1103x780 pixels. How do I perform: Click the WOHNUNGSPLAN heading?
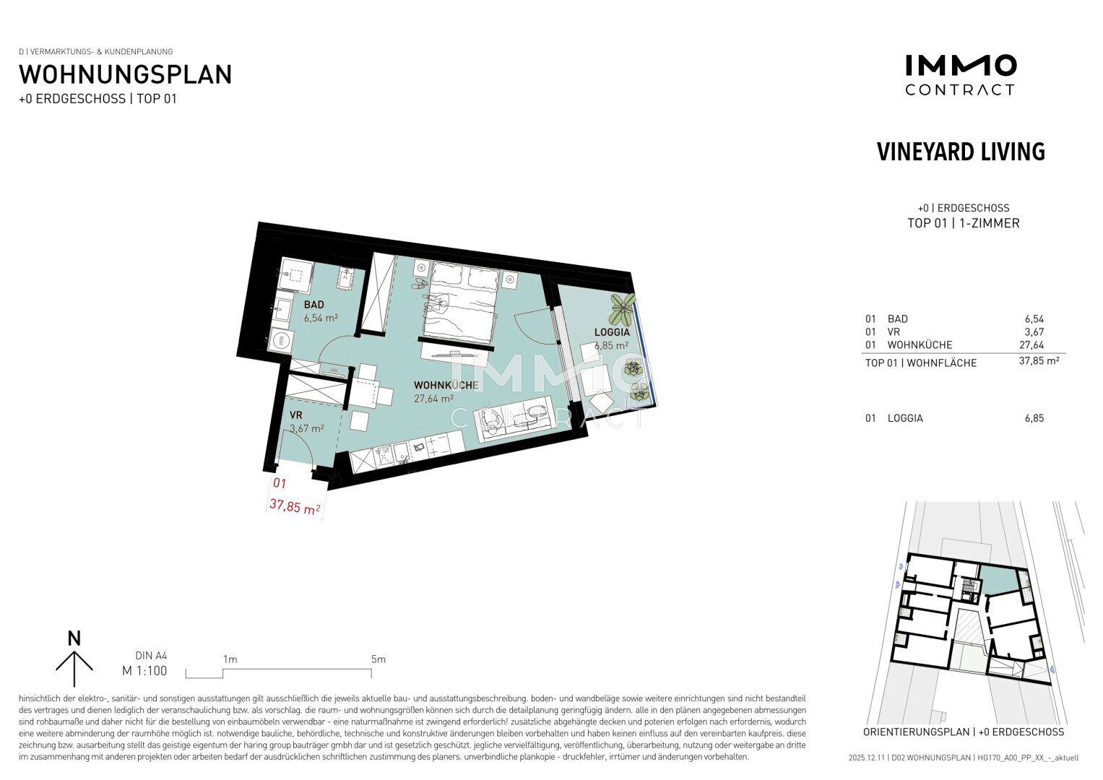click(x=125, y=75)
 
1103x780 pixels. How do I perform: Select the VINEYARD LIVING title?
click(x=961, y=152)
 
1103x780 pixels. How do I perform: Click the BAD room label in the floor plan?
click(x=313, y=304)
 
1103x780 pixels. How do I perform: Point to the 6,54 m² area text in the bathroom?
click(x=321, y=318)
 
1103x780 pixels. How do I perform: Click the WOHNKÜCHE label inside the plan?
click(x=446, y=385)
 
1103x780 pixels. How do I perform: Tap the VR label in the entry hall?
click(x=296, y=415)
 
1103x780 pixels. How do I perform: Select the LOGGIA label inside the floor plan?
click(x=612, y=332)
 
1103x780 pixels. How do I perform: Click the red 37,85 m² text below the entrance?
click(x=295, y=506)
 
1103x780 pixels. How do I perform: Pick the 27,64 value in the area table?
click(x=1031, y=344)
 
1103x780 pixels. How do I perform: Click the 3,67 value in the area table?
click(x=1034, y=332)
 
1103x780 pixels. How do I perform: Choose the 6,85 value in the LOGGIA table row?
click(x=1034, y=418)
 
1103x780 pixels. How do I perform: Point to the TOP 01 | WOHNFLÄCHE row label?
click(x=921, y=363)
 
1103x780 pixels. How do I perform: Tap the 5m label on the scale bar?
click(x=379, y=659)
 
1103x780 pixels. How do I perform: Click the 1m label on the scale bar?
click(x=230, y=659)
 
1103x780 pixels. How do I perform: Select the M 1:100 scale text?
click(x=144, y=671)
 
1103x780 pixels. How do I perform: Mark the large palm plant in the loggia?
click(x=623, y=308)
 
